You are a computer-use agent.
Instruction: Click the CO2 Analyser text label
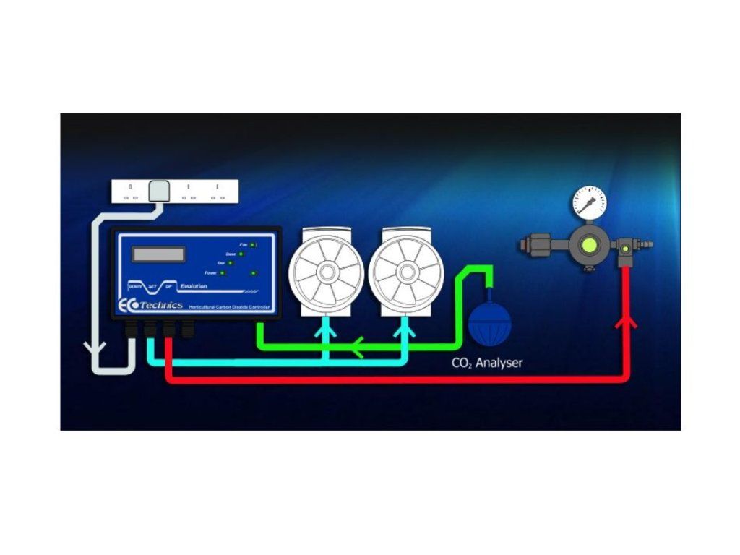486,363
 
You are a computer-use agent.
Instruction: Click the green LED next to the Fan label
253,246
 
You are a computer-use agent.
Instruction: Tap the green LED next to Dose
241,254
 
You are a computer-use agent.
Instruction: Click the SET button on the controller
152,286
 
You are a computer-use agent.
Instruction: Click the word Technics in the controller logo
161,305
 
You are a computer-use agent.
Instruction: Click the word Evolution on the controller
191,286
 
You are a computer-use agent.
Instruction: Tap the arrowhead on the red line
626,321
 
